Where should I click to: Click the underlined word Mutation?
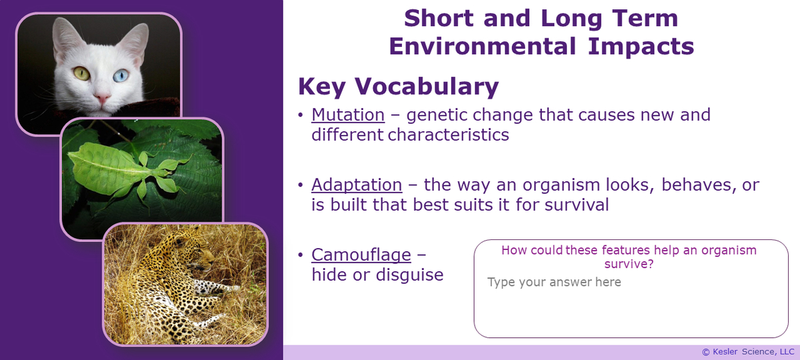point(348,115)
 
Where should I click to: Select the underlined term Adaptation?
point(357,185)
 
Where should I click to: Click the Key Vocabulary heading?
point(398,86)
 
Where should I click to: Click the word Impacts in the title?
point(641,46)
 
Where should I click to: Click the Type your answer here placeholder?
point(554,282)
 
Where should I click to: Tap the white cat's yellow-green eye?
point(82,72)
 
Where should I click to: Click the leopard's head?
point(200,256)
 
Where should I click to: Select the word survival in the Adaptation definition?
point(573,205)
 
